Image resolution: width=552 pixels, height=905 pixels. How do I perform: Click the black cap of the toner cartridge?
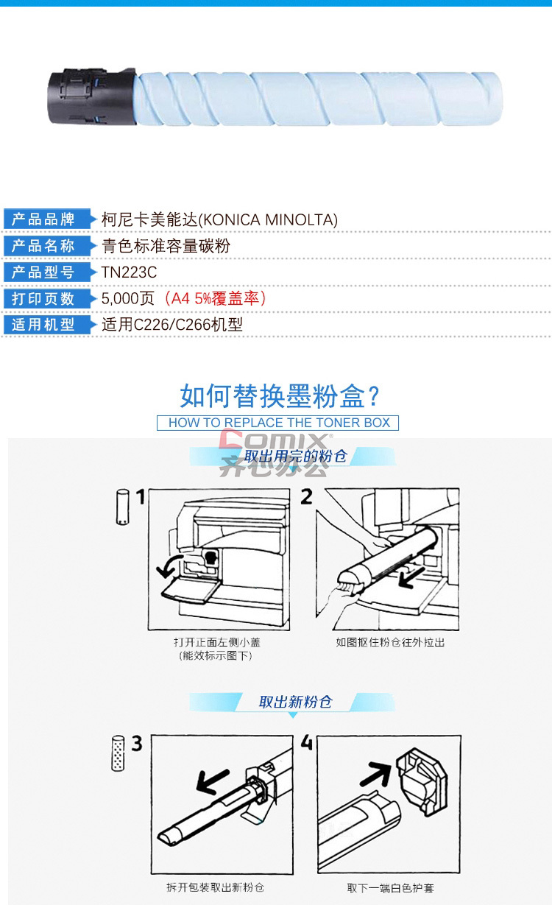(x=92, y=97)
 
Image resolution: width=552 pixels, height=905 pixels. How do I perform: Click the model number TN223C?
(x=129, y=272)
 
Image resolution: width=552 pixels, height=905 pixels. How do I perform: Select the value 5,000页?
(x=127, y=298)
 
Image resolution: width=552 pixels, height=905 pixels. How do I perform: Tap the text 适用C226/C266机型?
(x=172, y=325)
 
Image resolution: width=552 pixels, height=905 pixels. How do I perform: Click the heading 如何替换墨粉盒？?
(x=280, y=396)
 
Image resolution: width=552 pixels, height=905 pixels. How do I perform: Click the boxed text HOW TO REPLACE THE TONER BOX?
(x=279, y=423)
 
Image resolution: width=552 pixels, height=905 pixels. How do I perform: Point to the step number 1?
(x=140, y=497)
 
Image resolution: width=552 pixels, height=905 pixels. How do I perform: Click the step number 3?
(x=137, y=744)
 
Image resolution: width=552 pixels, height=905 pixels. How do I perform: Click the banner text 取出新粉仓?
(x=296, y=702)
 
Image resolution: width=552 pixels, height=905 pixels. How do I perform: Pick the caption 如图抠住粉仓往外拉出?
(x=390, y=642)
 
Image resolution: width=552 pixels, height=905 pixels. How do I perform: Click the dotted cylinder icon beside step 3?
(x=118, y=753)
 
